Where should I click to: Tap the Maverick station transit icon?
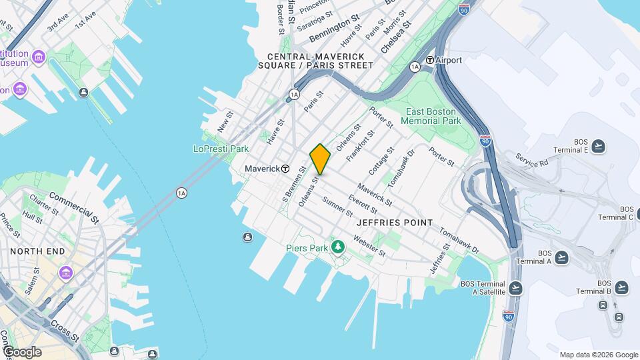click(285, 169)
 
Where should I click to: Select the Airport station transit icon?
click(430, 60)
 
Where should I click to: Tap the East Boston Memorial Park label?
click(431, 116)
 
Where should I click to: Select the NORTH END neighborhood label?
click(37, 251)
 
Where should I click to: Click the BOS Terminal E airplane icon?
click(598, 146)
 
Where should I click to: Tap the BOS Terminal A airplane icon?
click(561, 257)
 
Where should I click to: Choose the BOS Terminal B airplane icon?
click(621, 287)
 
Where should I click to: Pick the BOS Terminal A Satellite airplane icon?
click(515, 288)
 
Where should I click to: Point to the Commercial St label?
click(73, 207)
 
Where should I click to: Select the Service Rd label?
click(531, 161)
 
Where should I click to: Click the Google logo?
click(23, 352)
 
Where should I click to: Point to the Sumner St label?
click(337, 207)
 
